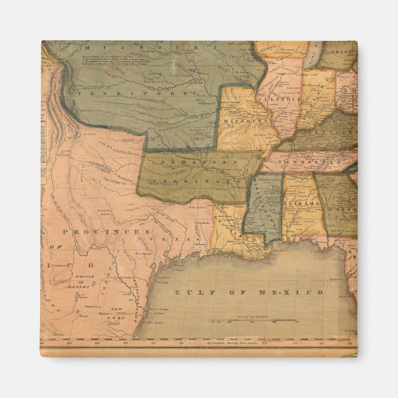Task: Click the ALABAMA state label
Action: pos(303,203)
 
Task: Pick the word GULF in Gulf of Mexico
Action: pos(193,292)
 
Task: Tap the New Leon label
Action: pos(117,311)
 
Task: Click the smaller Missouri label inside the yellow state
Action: pos(244,121)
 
